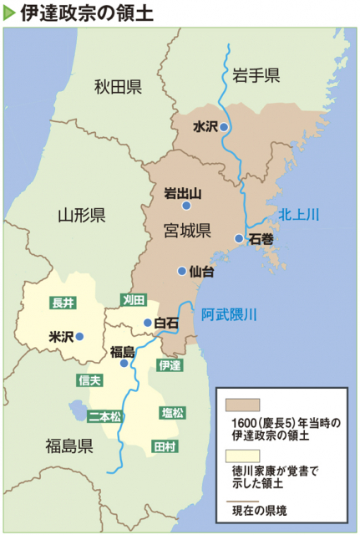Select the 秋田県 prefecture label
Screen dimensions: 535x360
pos(118,86)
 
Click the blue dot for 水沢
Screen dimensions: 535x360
pos(224,127)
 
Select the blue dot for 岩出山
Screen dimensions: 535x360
pos(187,205)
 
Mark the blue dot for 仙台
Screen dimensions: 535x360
pos(181,270)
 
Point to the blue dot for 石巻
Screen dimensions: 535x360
pos(240,238)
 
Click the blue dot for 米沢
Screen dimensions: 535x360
pos(80,337)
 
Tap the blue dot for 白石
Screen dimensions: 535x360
pos(147,322)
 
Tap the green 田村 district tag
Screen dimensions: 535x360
pos(164,446)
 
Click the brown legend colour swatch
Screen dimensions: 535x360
pos(241,405)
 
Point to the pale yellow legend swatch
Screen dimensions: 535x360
pos(241,456)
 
